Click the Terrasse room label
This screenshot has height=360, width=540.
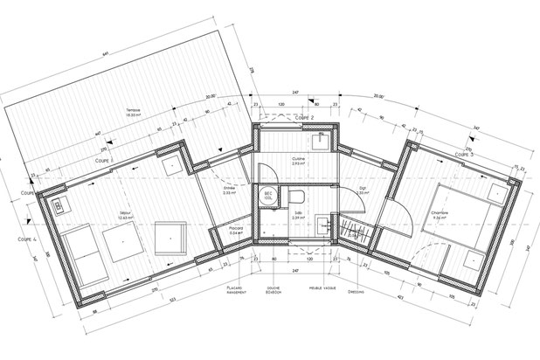pyautogui.click(x=133, y=111)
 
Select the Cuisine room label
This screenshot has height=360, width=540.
pyautogui.click(x=298, y=160)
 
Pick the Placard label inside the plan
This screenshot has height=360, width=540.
pyautogui.click(x=236, y=232)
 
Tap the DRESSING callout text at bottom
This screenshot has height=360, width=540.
pyautogui.click(x=356, y=292)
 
